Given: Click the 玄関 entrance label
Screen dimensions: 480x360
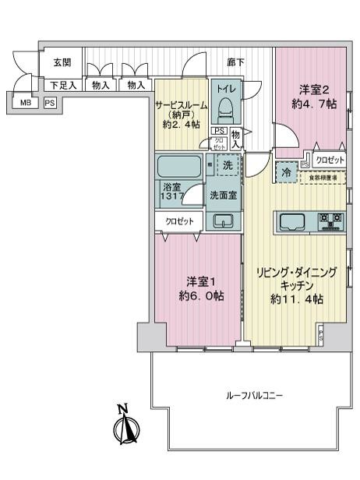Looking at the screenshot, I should pos(62,62).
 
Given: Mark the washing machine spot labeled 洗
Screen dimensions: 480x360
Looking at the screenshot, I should pos(228,165).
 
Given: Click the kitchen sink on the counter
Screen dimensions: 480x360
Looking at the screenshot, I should pos(292,222).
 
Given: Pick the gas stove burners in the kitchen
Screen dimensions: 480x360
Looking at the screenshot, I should pos(330,222).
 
